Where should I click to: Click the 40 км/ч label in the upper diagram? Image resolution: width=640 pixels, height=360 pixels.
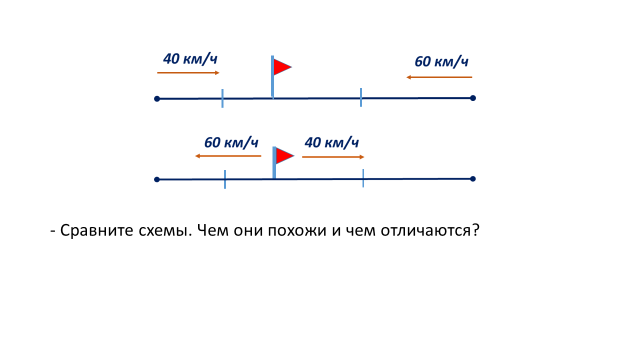(190, 59)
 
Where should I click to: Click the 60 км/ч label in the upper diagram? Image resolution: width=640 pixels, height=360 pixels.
(441, 62)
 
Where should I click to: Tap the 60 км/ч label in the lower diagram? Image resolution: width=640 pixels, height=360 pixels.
(231, 142)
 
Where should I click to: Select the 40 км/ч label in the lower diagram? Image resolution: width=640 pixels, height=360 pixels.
(331, 142)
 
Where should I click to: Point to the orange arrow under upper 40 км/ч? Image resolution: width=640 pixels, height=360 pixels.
(188, 73)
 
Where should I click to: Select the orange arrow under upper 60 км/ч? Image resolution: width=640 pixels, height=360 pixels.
(439, 77)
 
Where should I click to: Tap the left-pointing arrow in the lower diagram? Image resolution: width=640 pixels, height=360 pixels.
(228, 156)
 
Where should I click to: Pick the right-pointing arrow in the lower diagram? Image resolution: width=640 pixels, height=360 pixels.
(333, 157)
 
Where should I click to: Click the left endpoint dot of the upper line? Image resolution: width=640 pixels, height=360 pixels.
(157, 99)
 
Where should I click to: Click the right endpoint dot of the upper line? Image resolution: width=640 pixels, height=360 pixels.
(473, 98)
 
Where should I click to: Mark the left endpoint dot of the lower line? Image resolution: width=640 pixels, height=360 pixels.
(157, 180)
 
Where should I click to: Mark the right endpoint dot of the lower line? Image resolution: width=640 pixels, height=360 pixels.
(473, 179)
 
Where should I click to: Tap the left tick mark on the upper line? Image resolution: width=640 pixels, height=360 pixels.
(222, 98)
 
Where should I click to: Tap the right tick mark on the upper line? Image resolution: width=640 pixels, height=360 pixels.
(361, 97)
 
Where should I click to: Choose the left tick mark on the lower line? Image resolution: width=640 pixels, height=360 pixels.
(225, 180)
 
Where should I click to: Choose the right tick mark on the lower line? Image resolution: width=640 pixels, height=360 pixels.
(363, 178)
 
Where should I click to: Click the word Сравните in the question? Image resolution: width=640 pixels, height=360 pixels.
(98, 231)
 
